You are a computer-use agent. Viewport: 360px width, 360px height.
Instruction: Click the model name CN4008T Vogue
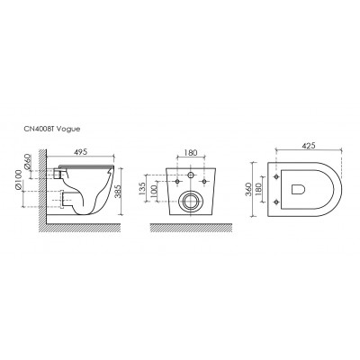(x=51, y=130)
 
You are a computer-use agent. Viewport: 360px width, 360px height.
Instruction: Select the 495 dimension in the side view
(x=80, y=152)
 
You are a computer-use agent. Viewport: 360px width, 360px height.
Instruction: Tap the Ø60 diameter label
(x=27, y=162)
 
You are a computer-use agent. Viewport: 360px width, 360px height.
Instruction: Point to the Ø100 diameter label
(x=19, y=180)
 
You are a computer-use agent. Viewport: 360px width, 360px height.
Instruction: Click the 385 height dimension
(x=118, y=189)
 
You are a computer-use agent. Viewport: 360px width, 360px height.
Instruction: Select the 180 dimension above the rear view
(x=191, y=153)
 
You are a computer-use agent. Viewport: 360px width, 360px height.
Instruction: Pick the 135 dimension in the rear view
(x=143, y=187)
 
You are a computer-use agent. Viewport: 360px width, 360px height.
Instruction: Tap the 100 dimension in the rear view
(x=154, y=191)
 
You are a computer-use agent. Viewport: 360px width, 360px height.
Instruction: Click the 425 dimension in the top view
(x=309, y=146)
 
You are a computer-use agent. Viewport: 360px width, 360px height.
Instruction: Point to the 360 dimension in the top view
(x=248, y=189)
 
